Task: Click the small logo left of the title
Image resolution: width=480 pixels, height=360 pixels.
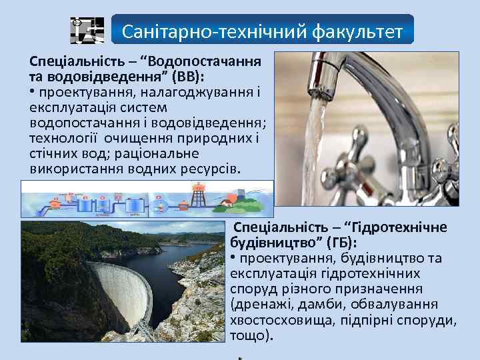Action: (x=87, y=30)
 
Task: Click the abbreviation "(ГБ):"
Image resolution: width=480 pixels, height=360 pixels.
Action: (x=339, y=243)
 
